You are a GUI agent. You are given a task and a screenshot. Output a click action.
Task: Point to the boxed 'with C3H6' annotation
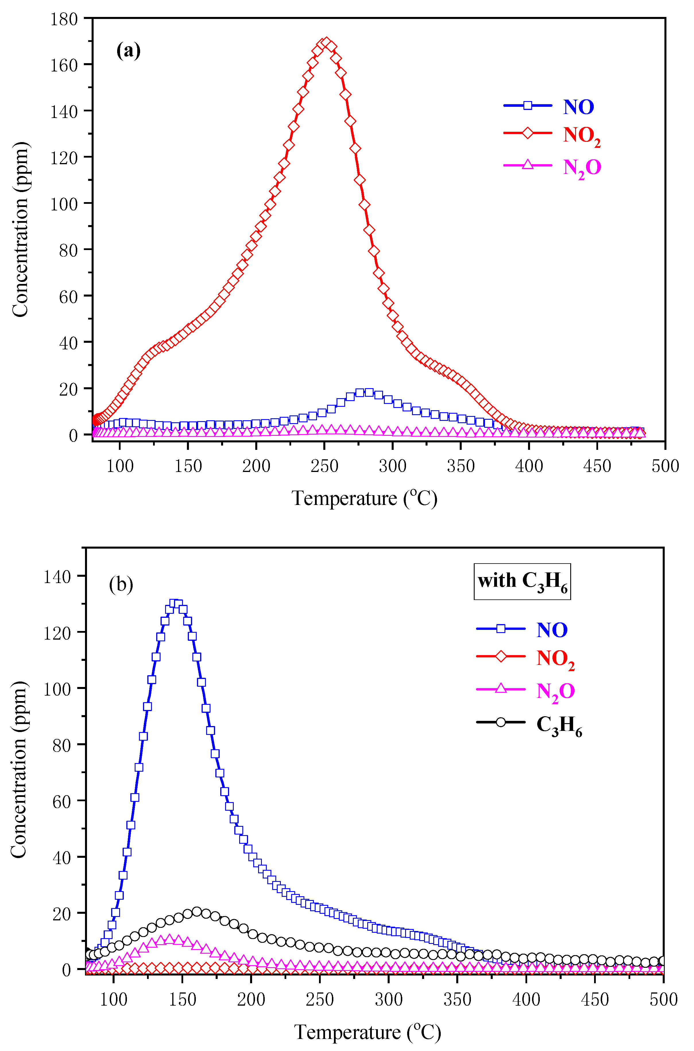[522, 581]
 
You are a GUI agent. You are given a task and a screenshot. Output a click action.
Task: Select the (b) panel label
[121, 584]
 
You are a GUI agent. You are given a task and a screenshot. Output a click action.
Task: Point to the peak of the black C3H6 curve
[196, 911]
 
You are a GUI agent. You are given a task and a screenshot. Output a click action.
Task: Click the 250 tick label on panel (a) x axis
[324, 466]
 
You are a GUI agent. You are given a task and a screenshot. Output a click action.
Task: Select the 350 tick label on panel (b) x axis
[457, 1000]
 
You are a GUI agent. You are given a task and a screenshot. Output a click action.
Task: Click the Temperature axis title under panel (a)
[364, 499]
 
